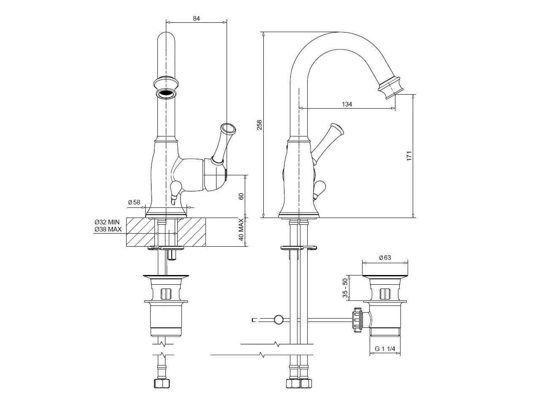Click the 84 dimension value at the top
(x=196, y=18)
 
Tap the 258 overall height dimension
(x=259, y=125)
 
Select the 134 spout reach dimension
(x=347, y=104)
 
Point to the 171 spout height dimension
(x=409, y=156)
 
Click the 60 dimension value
(x=241, y=196)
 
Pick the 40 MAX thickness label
(x=241, y=229)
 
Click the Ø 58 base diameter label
(x=134, y=202)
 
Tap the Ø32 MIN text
(x=107, y=222)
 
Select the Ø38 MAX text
(x=108, y=229)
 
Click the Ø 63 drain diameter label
(x=385, y=258)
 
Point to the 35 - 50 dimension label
(x=345, y=288)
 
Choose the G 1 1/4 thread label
(x=385, y=349)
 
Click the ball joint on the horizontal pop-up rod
(x=279, y=319)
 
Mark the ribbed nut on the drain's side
(x=357, y=320)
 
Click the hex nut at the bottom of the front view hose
(x=162, y=383)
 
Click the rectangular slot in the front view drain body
(x=165, y=294)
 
